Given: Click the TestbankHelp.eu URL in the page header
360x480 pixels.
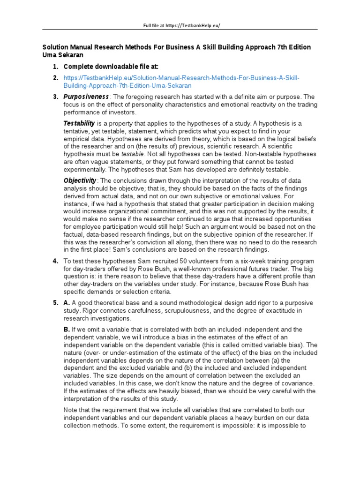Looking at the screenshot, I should click(x=192, y=25).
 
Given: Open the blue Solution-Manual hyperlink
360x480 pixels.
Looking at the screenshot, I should click(x=181, y=82).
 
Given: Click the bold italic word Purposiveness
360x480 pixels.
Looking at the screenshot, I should click(x=82, y=97).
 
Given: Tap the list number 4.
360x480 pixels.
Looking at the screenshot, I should click(x=55, y=261).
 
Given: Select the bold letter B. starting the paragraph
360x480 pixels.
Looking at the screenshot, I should click(x=67, y=330).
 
